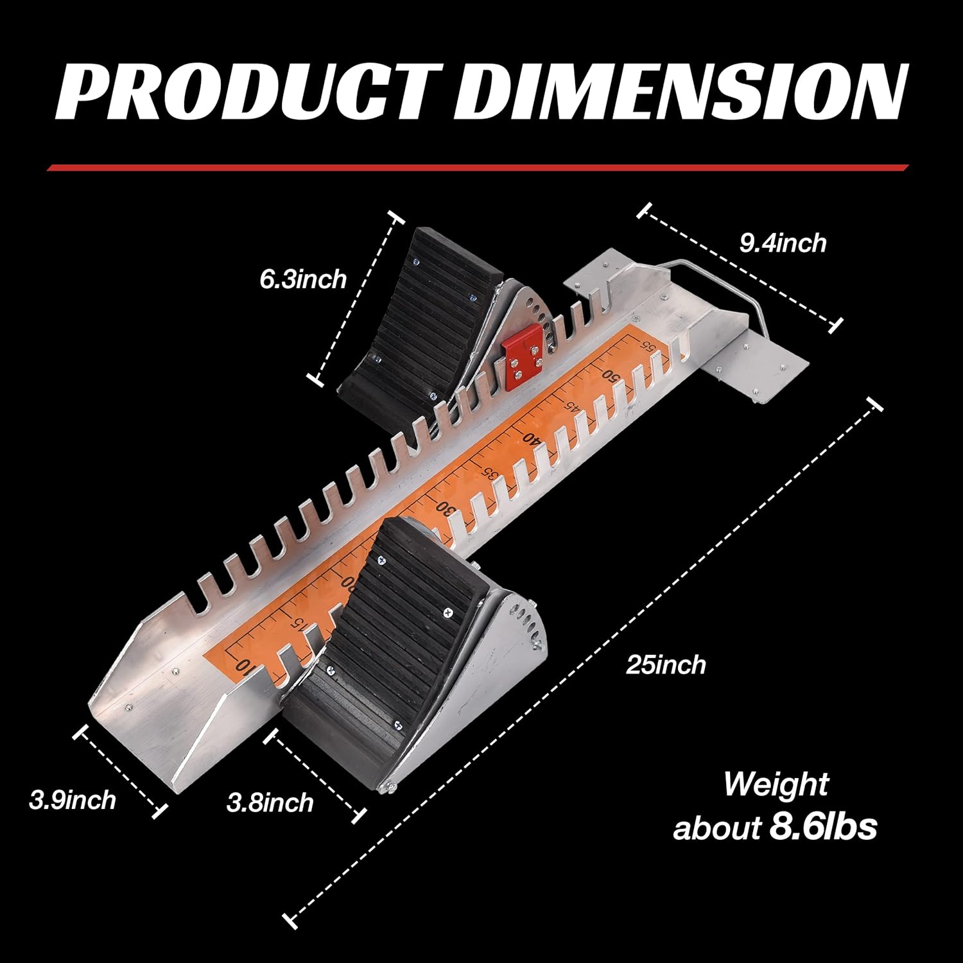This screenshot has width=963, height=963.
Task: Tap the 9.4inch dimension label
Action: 783,243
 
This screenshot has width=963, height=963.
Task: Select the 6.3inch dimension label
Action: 303,279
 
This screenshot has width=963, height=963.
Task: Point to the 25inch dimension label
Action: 666,664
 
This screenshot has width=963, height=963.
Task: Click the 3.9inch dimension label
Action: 73,800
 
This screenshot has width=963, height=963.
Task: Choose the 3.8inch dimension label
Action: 270,802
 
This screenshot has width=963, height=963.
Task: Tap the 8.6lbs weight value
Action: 823,827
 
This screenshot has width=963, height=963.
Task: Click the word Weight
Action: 776,785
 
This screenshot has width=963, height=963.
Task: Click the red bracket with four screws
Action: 524,357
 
